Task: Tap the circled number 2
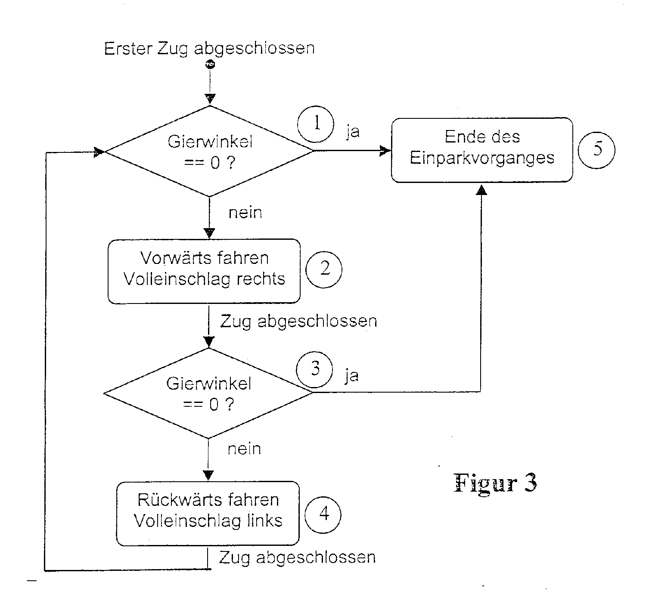tap(324, 269)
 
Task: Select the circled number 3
tap(315, 369)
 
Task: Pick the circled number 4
tap(323, 515)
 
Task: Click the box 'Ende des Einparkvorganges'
tap(481, 150)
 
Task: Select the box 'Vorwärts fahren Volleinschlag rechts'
tap(204, 271)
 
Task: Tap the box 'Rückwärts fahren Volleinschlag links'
tap(208, 513)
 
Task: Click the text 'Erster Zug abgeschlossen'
tap(209, 48)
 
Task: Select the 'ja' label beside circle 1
tap(353, 131)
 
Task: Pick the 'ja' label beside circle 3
tap(351, 376)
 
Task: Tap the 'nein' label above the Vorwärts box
tap(245, 213)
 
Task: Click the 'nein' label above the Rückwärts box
tap(244, 449)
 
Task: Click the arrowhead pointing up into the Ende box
tap(481, 190)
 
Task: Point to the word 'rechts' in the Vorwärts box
tap(260, 279)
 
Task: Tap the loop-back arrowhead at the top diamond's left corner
tap(99, 152)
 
